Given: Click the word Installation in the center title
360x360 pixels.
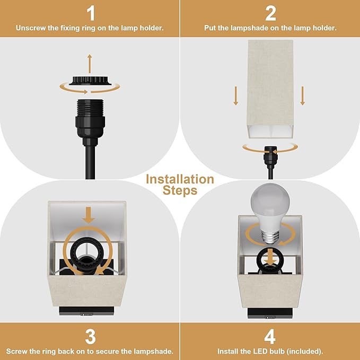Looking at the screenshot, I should point(180,179).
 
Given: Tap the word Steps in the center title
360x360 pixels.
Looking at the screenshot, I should point(180,190).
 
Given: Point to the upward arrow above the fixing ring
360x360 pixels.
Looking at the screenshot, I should point(90,63).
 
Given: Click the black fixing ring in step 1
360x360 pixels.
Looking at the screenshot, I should point(90,82).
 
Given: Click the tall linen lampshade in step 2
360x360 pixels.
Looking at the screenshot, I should point(270,85).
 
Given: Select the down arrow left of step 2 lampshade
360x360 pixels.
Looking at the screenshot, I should point(236,96).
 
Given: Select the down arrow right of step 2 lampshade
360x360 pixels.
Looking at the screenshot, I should point(303,96).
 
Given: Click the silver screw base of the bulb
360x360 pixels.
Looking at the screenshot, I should point(270,236).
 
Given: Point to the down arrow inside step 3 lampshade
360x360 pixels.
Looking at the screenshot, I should point(89,215).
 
